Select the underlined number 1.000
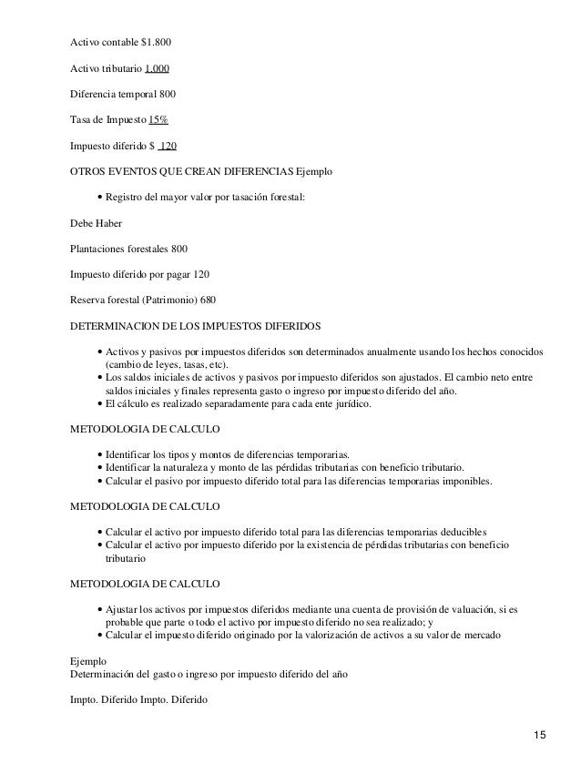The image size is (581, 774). point(157,68)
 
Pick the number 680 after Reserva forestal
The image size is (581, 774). point(209,299)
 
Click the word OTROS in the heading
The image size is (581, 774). point(90,171)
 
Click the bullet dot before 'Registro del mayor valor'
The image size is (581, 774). point(98,197)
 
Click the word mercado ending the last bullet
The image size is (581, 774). point(493,634)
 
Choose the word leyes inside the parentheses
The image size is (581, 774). point(166,364)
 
